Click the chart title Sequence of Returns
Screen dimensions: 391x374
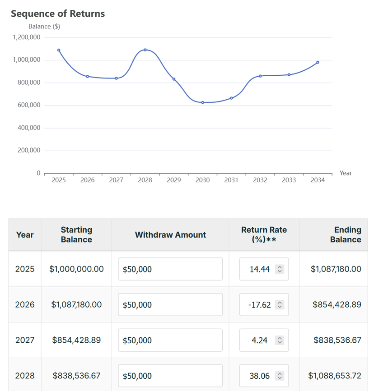click(x=58, y=14)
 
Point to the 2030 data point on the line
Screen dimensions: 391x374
click(x=203, y=102)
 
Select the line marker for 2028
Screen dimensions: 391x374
click(x=145, y=50)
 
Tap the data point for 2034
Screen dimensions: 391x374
click(x=318, y=62)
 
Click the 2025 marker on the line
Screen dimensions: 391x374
click(x=59, y=50)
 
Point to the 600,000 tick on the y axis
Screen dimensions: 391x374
click(x=29, y=105)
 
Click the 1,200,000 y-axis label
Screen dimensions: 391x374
click(x=27, y=37)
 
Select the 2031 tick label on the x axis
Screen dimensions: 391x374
click(x=231, y=180)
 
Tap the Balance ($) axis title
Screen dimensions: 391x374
click(x=44, y=26)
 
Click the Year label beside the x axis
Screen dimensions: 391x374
click(x=346, y=173)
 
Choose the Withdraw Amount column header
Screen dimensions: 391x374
click(x=170, y=235)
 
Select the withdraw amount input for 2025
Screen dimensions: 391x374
click(x=170, y=269)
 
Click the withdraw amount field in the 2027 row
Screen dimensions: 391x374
click(x=170, y=340)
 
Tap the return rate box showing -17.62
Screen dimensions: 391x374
click(x=260, y=305)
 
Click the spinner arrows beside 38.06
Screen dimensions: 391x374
click(x=280, y=376)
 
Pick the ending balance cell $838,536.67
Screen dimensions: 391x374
click(x=337, y=340)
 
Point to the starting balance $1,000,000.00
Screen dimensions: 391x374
click(x=76, y=269)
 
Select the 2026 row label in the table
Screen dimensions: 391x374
click(x=25, y=305)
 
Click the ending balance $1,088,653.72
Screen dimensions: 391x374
click(x=335, y=376)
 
